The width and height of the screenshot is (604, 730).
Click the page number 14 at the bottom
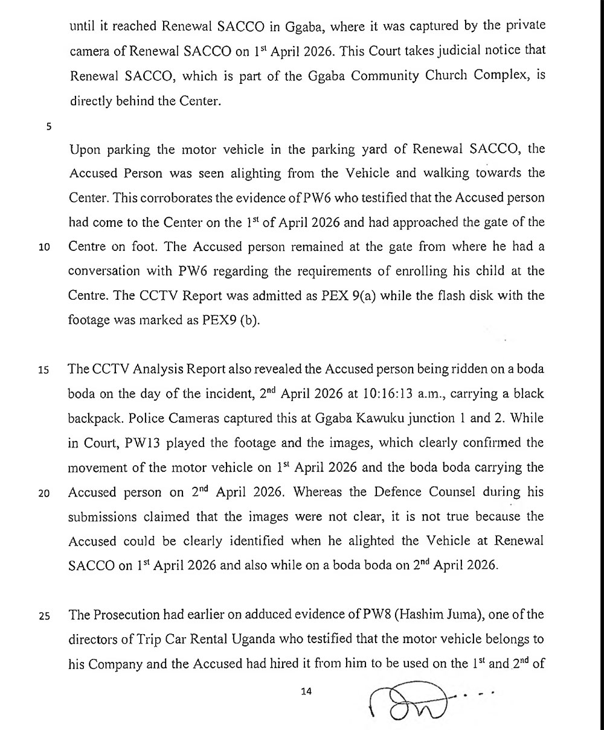(306, 691)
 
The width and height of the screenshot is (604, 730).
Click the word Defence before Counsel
(376, 492)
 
